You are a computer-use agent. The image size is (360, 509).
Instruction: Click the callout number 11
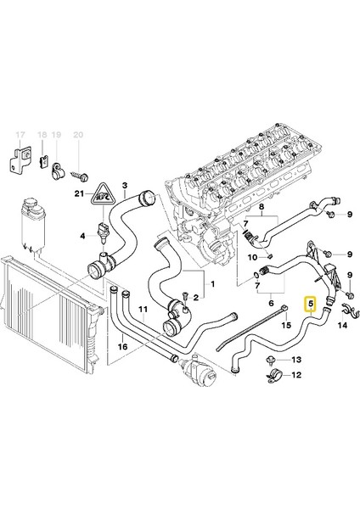coord(143,309)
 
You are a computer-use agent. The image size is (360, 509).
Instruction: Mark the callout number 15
coord(286,325)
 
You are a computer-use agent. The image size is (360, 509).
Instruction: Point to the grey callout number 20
coord(78,136)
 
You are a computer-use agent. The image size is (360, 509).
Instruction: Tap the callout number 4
coord(82,234)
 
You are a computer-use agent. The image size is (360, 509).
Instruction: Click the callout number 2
coord(196,298)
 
